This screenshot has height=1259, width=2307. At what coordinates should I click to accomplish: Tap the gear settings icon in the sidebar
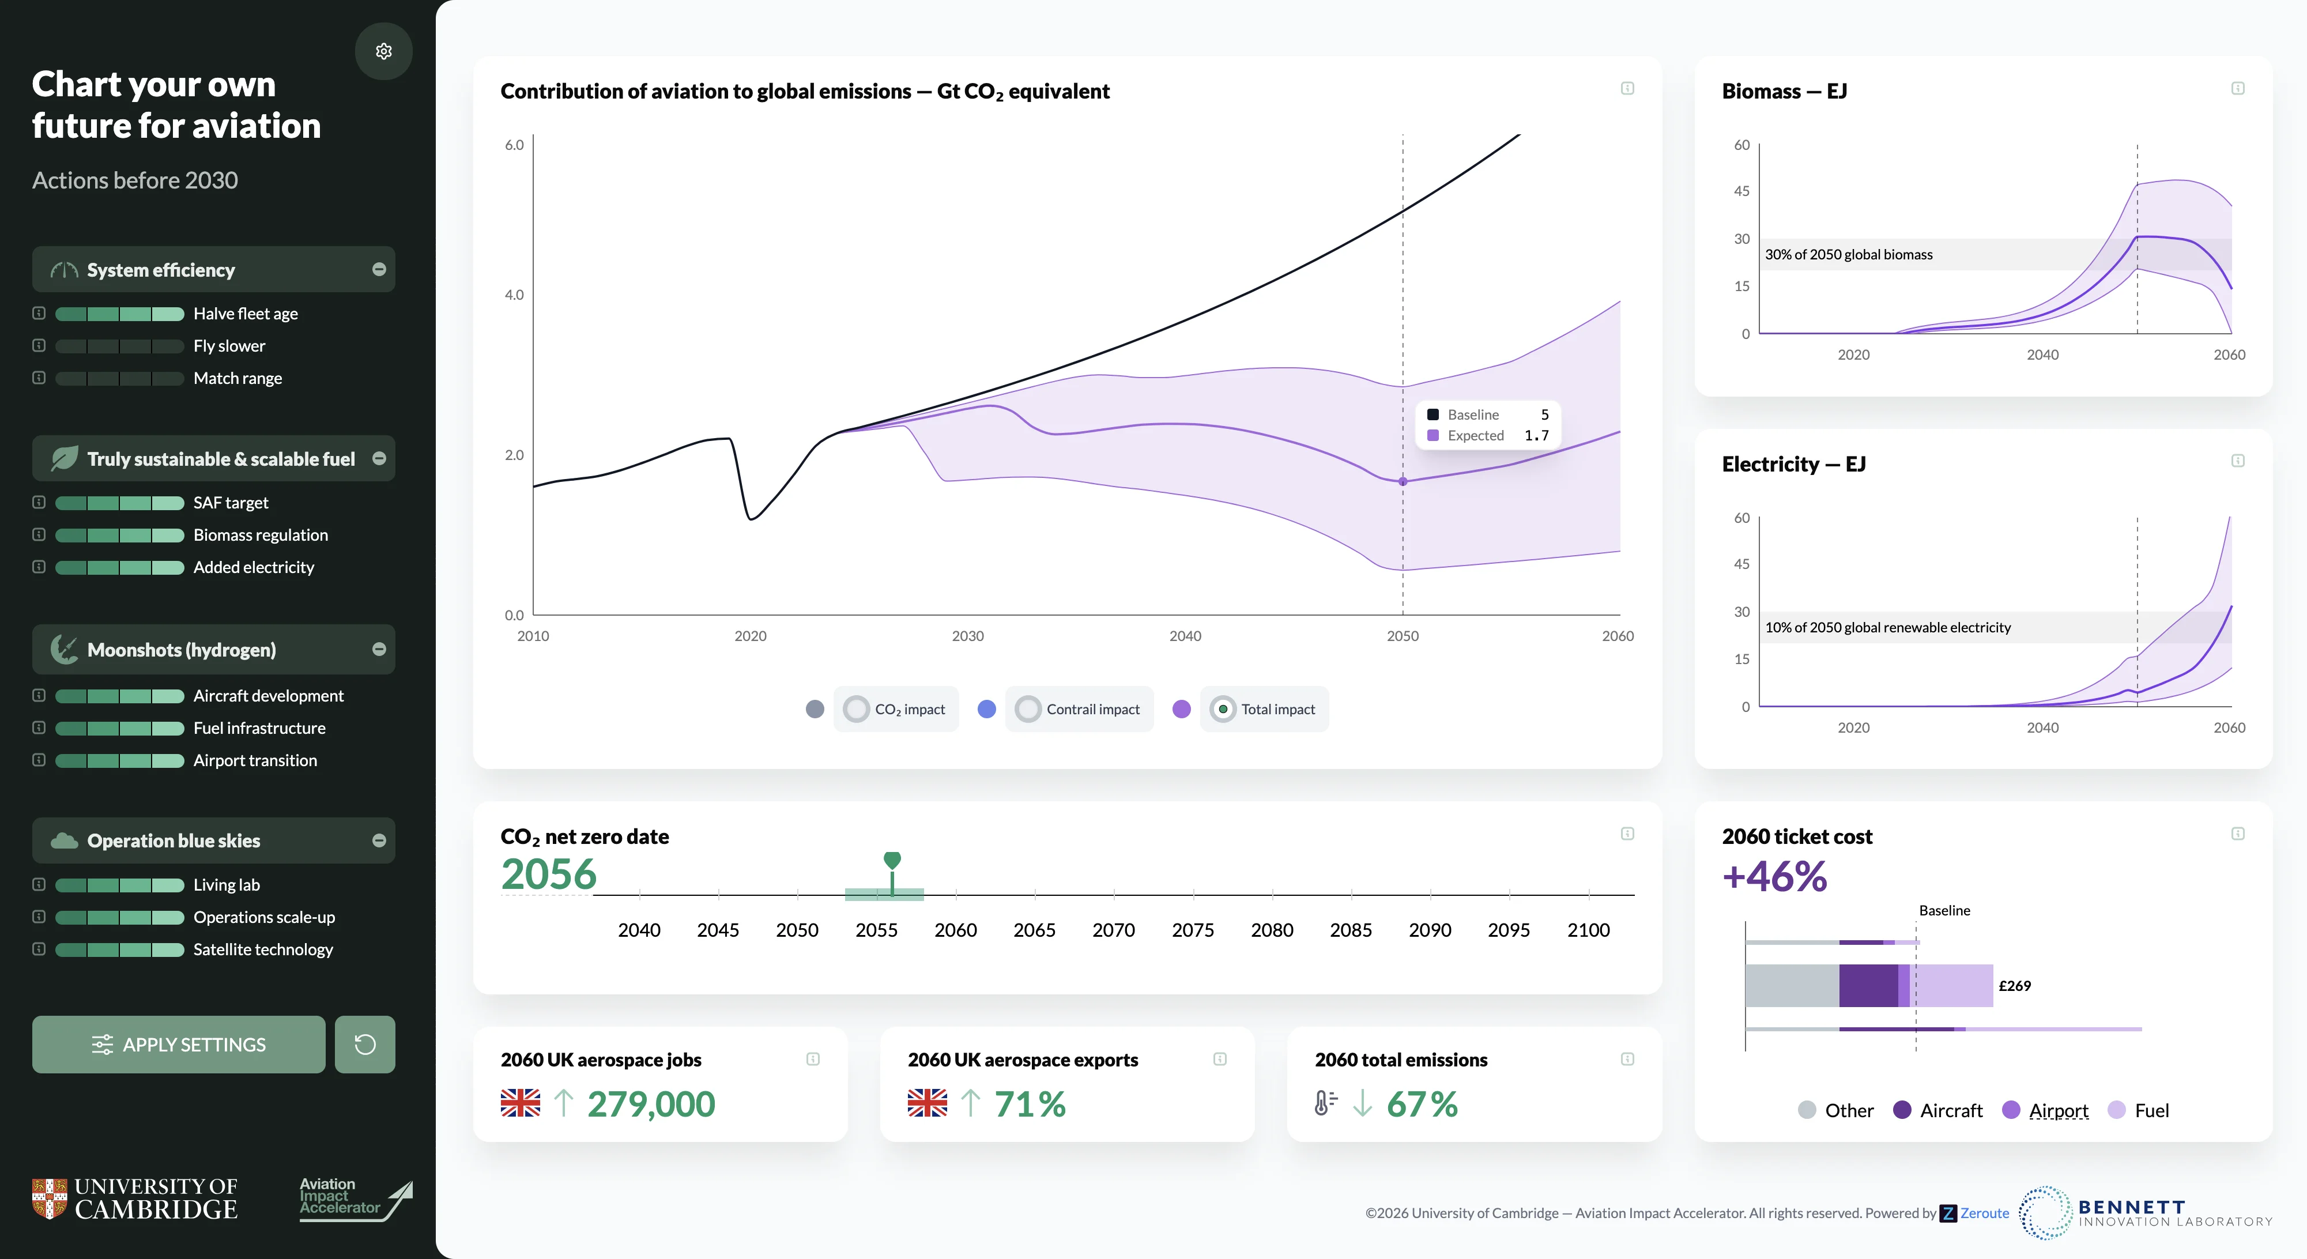[x=383, y=51]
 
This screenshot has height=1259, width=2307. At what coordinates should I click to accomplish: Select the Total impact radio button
[x=1223, y=709]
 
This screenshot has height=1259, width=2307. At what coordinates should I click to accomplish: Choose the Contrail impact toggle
[x=1028, y=709]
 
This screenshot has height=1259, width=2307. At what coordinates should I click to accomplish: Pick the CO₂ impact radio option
[x=856, y=709]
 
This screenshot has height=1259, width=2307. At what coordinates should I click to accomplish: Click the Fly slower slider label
[x=229, y=346]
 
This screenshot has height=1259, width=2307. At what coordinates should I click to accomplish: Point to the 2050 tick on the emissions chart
[x=1403, y=636]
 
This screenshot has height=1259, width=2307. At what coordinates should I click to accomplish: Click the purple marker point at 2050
[x=1403, y=482]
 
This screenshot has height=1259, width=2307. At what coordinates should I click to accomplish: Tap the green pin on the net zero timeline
[x=892, y=861]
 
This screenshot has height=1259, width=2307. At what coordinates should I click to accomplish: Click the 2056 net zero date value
[x=549, y=874]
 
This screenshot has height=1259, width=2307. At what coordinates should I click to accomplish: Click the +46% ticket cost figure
[x=1774, y=877]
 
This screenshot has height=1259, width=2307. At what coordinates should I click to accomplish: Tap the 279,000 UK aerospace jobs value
[x=651, y=1104]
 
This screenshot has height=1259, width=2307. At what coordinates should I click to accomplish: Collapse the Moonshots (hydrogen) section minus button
[x=379, y=649]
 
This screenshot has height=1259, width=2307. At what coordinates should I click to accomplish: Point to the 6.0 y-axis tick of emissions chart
[x=514, y=145]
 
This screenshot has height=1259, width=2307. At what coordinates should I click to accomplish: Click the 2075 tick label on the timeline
[x=1193, y=930]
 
